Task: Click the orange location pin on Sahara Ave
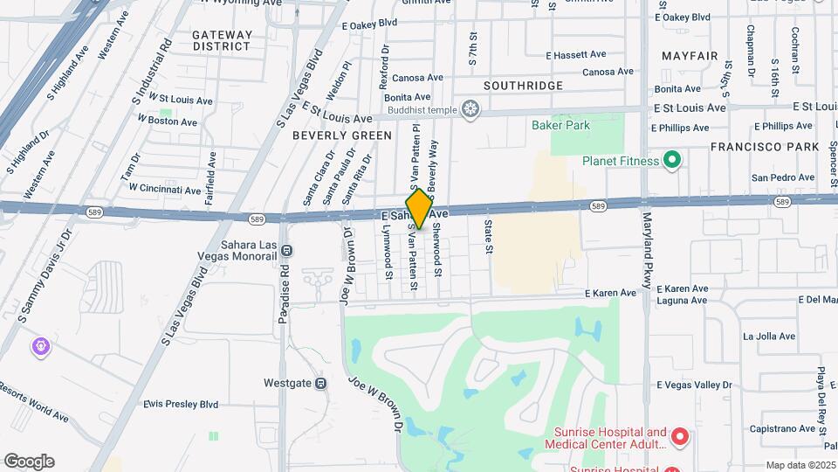(x=419, y=208)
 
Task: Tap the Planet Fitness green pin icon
(x=671, y=160)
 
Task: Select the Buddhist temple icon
(x=471, y=109)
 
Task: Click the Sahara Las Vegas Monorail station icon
(x=288, y=251)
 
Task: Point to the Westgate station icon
(x=321, y=383)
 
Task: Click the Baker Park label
(x=560, y=125)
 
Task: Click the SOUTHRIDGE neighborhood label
(x=523, y=86)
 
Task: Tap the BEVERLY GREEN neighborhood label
(x=342, y=135)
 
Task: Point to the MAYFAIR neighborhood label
(x=690, y=56)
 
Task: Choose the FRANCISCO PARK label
(x=764, y=147)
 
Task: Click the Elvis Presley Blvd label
(x=181, y=404)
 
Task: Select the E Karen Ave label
(x=611, y=293)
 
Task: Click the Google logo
(x=29, y=462)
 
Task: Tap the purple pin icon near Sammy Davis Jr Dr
(x=40, y=347)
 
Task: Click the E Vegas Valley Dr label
(x=694, y=385)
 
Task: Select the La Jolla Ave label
(x=769, y=336)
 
